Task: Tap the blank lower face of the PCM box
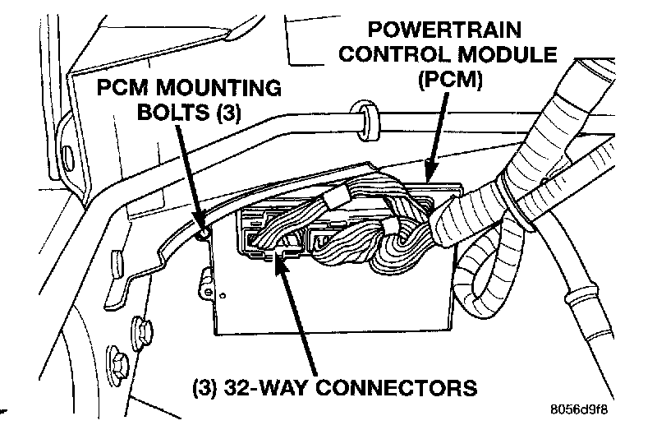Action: point(328,308)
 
